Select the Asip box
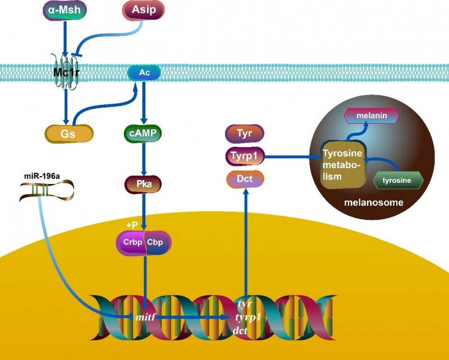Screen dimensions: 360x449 click(144, 10)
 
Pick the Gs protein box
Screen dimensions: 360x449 click(68, 133)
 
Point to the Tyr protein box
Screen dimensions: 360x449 click(245, 134)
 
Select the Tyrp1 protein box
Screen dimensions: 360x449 click(245, 156)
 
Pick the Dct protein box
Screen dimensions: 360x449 click(245, 179)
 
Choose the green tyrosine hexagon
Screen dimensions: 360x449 click(398, 181)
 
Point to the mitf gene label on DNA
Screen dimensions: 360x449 click(145, 318)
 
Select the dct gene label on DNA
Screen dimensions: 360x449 click(244, 331)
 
